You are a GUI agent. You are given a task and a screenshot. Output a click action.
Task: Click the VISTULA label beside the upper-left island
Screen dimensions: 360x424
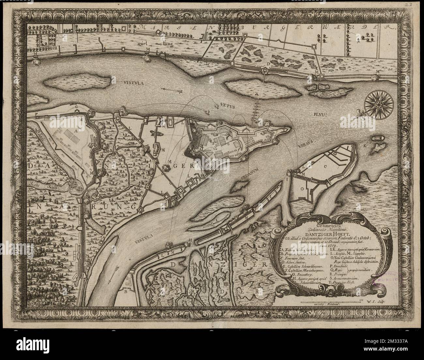click(x=131, y=83)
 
